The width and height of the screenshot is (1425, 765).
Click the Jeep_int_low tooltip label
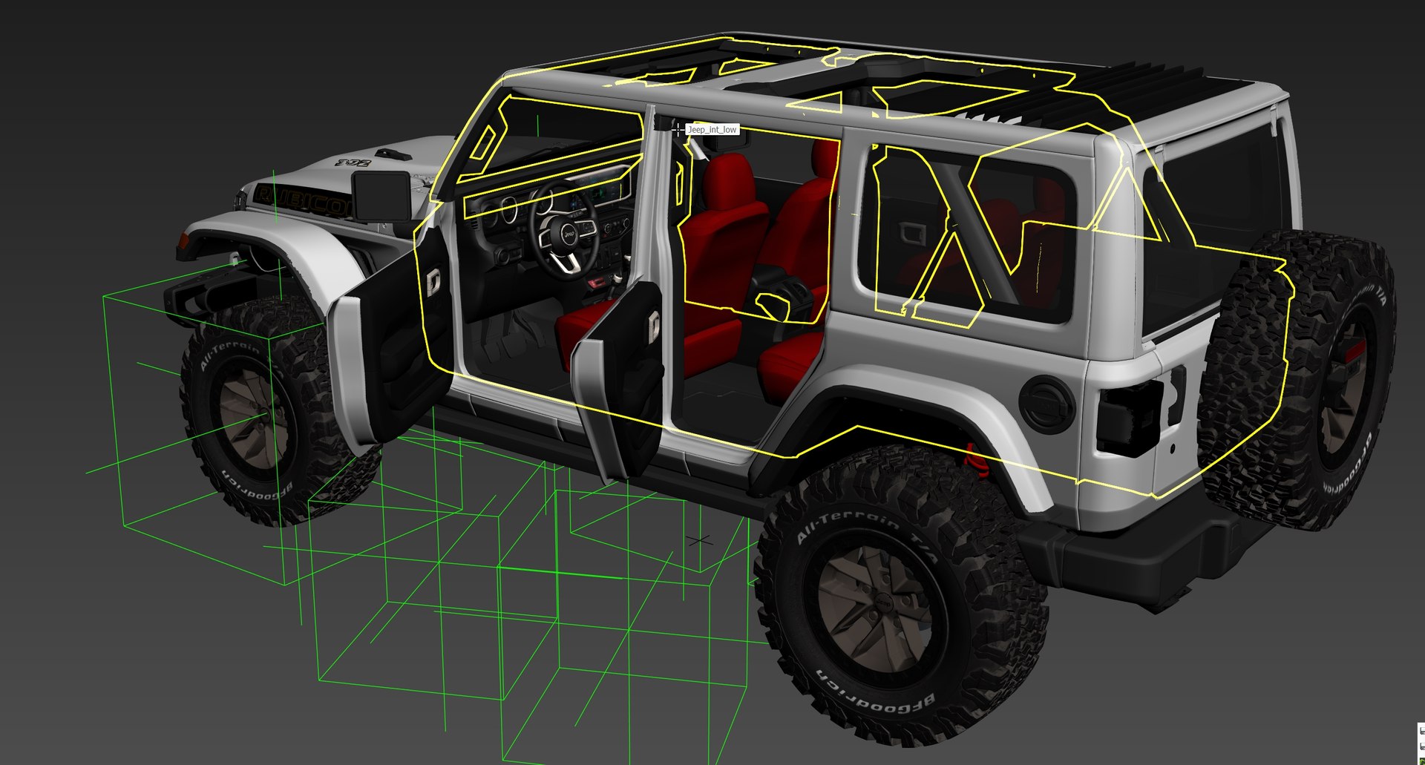tap(712, 130)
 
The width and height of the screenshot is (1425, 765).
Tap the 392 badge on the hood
tap(353, 162)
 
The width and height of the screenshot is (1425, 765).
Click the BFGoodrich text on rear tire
tap(875, 695)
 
